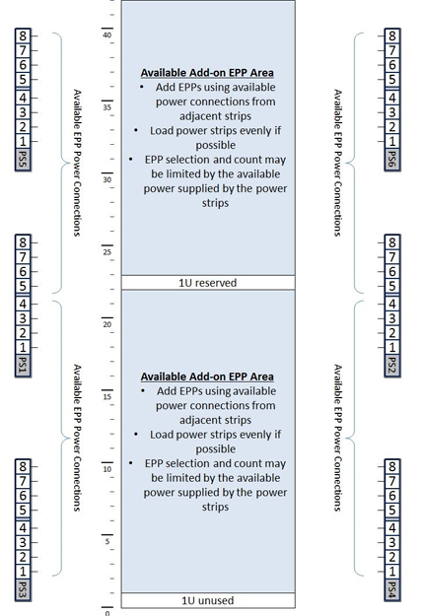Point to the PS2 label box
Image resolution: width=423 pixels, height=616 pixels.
[392, 368]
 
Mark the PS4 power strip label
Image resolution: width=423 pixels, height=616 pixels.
[392, 589]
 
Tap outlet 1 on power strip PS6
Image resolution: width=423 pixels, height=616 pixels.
[392, 142]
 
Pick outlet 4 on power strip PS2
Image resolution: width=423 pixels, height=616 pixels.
[392, 303]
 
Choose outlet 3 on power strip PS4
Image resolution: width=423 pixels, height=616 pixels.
[392, 541]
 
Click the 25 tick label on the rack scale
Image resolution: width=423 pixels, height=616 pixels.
[106, 251]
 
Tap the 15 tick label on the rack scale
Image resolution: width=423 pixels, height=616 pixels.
[106, 396]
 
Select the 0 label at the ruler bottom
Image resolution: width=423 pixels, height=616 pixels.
[107, 612]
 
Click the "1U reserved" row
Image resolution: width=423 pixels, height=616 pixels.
[207, 283]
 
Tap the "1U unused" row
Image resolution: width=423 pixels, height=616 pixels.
[207, 600]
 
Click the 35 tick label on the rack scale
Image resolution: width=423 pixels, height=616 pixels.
[106, 107]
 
